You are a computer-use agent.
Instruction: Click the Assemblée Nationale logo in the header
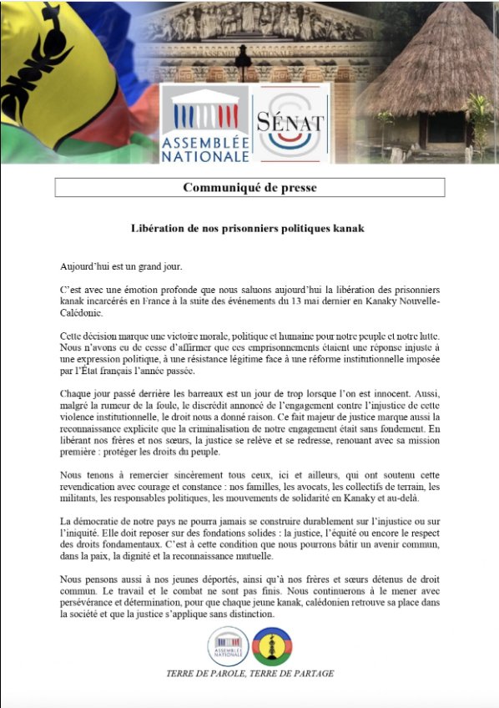tap(204, 123)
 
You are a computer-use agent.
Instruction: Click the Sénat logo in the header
tap(290, 123)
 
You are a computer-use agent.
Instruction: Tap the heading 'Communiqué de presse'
tap(249, 187)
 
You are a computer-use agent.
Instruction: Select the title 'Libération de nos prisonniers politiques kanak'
tap(249, 227)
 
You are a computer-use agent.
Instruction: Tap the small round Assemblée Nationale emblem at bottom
tap(228, 647)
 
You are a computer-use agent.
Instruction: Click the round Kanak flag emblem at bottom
tap(272, 647)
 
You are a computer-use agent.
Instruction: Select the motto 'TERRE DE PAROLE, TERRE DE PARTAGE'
tap(249, 674)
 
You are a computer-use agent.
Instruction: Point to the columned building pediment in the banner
tap(250, 21)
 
